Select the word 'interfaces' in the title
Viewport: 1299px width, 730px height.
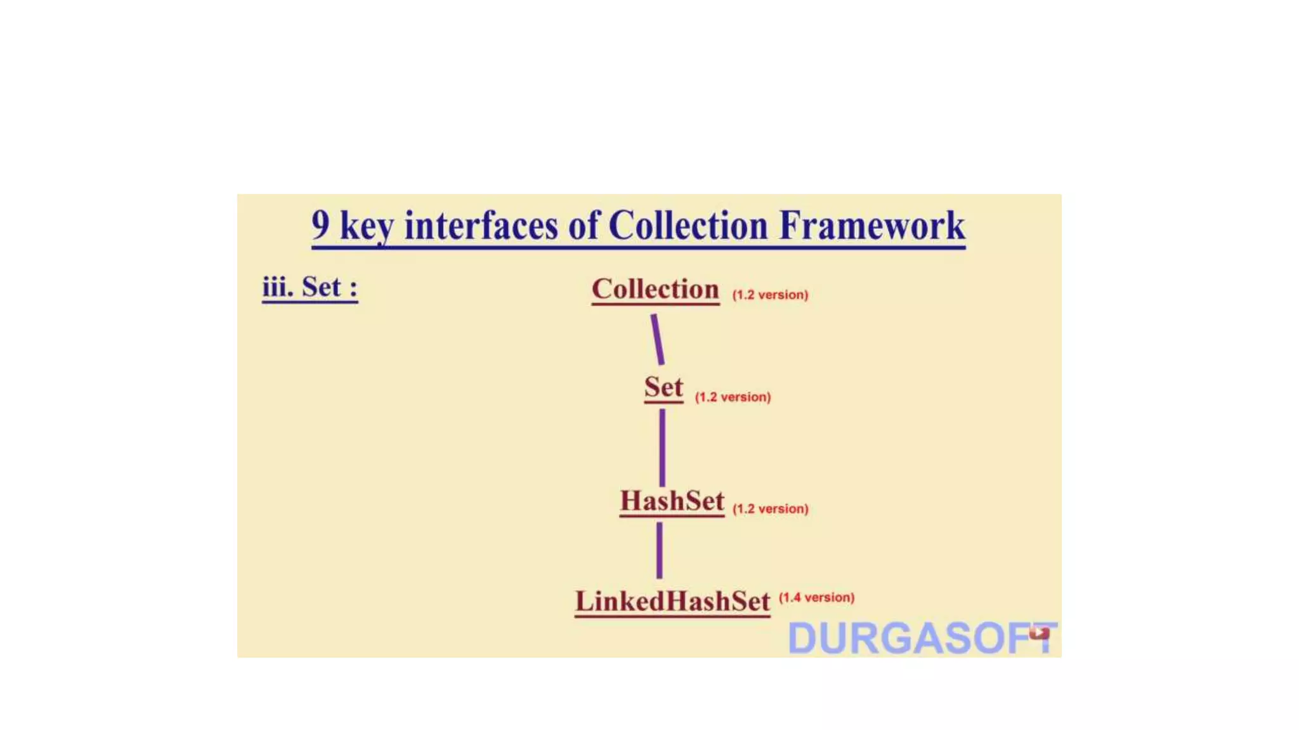481,226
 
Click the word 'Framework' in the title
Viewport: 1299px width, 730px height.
872,226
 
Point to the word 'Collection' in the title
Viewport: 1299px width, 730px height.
688,226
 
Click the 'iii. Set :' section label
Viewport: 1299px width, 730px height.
310,287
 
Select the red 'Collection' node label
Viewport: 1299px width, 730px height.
655,290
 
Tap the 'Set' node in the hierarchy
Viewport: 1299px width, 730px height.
663,387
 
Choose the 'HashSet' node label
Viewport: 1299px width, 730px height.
672,501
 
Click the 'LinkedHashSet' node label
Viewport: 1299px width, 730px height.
672,601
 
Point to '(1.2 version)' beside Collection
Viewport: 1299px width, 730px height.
770,295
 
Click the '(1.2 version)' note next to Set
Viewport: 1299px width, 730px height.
733,397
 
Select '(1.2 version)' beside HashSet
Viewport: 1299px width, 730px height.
770,509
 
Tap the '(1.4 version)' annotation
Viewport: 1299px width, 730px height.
816,598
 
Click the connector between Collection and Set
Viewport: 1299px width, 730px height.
658,340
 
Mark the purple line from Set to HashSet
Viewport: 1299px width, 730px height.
662,447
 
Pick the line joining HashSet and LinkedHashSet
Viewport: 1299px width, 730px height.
660,550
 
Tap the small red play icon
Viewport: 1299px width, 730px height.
1039,632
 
